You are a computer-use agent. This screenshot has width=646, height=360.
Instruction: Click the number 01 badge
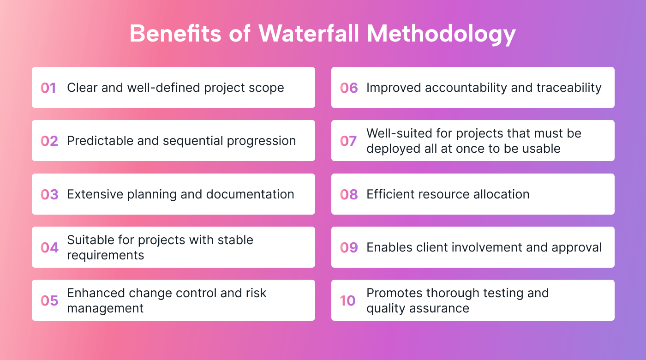[48, 88]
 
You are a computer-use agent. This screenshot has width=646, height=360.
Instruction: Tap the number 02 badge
[49, 141]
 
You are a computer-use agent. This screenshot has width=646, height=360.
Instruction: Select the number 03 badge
[49, 194]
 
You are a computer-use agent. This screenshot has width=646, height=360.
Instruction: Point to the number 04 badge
[49, 247]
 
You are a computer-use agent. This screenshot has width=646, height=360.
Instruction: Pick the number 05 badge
[49, 300]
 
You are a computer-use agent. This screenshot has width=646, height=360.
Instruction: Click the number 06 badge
[349, 88]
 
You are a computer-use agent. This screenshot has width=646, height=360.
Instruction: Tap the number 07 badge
[348, 141]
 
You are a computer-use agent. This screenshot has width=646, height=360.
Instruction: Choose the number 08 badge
[349, 194]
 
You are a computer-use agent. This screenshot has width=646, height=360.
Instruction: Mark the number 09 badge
[349, 247]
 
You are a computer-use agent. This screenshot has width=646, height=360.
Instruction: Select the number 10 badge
[348, 300]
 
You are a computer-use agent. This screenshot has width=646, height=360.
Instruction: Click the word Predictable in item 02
[96, 141]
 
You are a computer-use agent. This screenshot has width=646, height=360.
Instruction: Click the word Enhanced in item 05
[94, 293]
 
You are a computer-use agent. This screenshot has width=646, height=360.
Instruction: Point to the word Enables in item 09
[386, 247]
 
